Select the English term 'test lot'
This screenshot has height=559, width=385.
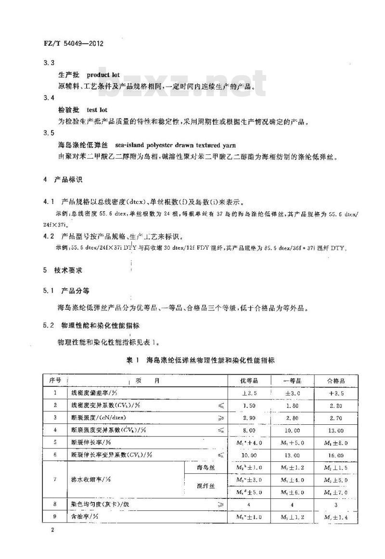(97, 110)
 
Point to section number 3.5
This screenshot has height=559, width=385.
(49, 133)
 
